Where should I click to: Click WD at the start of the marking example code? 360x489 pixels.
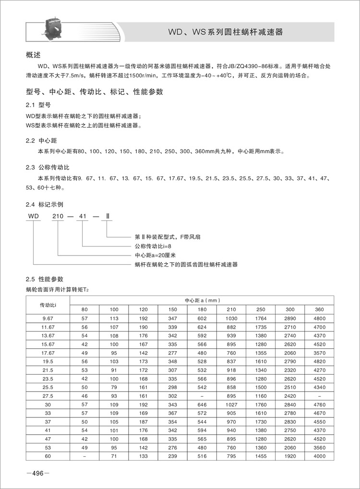coord(33,217)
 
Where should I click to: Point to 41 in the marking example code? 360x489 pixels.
coord(83,217)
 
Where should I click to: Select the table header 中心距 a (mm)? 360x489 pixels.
coord(202,300)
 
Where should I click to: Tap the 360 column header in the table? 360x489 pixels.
coord(319,309)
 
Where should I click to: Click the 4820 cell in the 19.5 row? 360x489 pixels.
coord(319,361)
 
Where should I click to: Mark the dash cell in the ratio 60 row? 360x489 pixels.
coord(85,456)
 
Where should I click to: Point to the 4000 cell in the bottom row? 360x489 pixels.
coord(319,456)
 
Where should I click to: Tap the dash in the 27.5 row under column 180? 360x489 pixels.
coord(202,396)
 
